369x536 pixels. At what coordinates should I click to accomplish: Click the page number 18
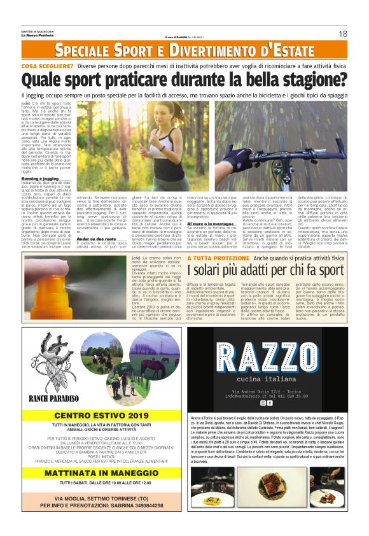[x=343, y=34]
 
